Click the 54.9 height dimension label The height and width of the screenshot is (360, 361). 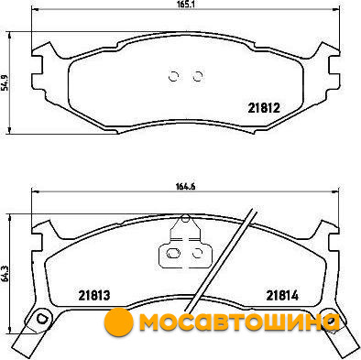(x=5, y=82)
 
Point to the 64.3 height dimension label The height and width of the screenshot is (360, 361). (x=5, y=274)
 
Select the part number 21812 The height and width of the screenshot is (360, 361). (x=264, y=108)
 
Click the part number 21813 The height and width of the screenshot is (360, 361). (x=94, y=295)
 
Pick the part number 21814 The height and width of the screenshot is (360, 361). (x=282, y=295)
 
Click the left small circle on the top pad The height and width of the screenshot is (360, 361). (x=173, y=76)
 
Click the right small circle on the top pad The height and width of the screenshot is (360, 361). (x=198, y=76)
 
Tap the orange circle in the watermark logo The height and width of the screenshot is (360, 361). (x=118, y=322)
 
